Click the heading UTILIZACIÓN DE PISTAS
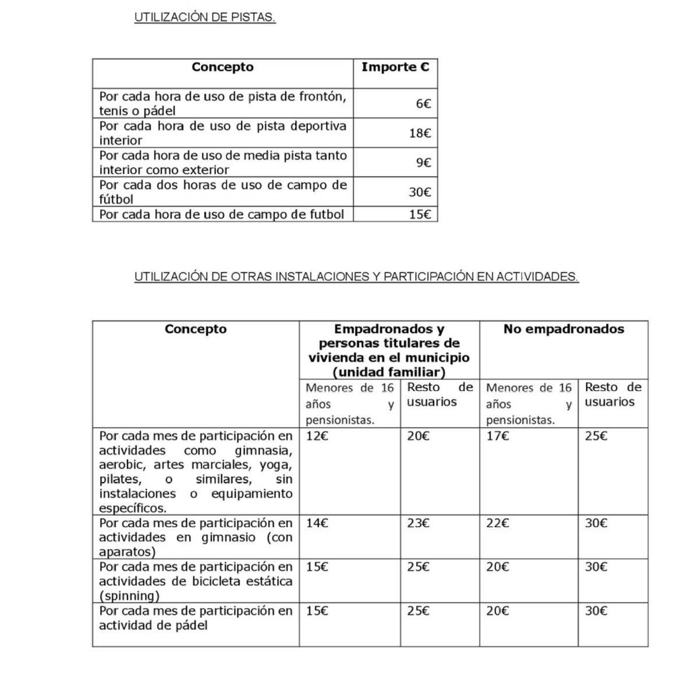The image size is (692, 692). [205, 17]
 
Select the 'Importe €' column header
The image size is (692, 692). [395, 67]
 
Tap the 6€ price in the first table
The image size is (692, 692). [423, 104]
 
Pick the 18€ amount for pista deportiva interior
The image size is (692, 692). [420, 133]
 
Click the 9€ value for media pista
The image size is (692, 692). [423, 163]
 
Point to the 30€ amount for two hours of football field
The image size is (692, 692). [420, 192]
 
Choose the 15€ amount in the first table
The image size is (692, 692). [420, 214]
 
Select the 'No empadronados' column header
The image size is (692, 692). [563, 329]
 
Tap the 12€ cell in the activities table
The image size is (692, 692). [317, 436]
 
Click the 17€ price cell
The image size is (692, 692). [498, 436]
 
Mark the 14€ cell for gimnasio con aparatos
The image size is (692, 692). [317, 523]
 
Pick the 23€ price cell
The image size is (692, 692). [418, 523]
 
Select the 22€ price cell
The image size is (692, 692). [498, 523]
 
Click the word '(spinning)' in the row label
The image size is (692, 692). [129, 596]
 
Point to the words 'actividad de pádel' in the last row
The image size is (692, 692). [153, 626]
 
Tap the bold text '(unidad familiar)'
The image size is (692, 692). [389, 372]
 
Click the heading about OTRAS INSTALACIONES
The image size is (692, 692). [356, 277]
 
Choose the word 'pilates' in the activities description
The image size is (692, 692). [119, 480]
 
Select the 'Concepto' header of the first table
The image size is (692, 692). [222, 67]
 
